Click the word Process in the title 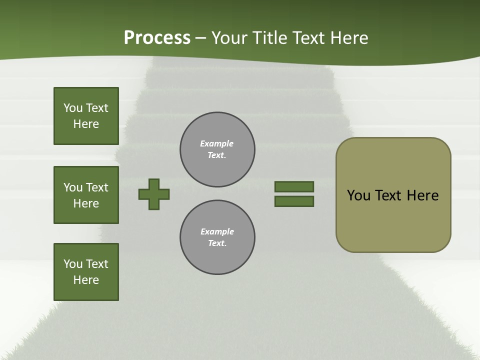point(157,38)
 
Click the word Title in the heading point(270,38)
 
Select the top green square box point(86,116)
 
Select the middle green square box point(86,195)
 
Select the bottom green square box point(86,272)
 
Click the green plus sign point(154,194)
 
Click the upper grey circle point(217,149)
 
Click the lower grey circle point(217,237)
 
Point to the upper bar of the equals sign point(294,186)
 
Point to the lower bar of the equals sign point(294,201)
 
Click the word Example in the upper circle point(217,143)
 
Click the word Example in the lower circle point(217,231)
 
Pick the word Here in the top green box point(86,124)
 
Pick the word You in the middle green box point(73,187)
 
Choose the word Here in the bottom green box point(86,280)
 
